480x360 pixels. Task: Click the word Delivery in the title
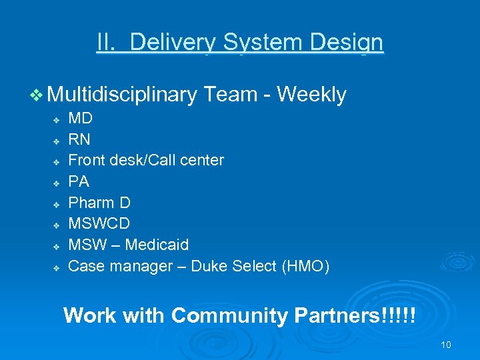[173, 43]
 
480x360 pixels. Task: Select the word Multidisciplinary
[123, 95]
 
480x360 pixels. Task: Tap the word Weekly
[311, 95]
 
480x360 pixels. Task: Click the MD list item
[81, 119]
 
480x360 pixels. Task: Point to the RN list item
[79, 140]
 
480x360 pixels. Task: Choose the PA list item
[79, 182]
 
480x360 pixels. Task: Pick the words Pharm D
[99, 203]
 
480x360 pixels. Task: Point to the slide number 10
[446, 345]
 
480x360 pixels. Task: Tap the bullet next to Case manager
[57, 267]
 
